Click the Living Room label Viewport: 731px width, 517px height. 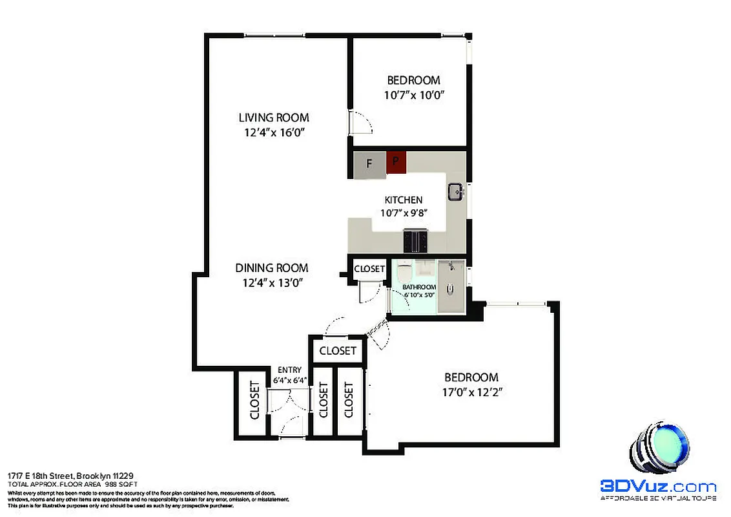[x=274, y=118]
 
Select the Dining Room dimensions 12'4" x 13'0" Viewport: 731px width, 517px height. [x=271, y=282]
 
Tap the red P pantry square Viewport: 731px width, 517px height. [x=396, y=163]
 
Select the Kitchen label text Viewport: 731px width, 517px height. [x=404, y=200]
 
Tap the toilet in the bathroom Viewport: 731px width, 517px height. [x=404, y=271]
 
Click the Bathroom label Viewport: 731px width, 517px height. [x=419, y=287]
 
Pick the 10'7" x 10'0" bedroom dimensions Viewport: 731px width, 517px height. [x=414, y=94]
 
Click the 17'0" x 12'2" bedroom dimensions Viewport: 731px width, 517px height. [x=471, y=392]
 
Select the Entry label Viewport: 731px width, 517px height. [x=290, y=370]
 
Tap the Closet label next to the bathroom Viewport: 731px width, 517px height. [x=369, y=269]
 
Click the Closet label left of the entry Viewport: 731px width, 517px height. [x=254, y=401]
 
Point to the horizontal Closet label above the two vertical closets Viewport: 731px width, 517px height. [x=338, y=351]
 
